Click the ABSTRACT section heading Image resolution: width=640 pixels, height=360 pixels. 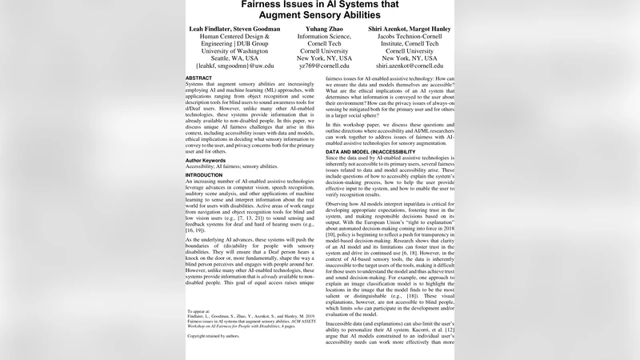coord(199,78)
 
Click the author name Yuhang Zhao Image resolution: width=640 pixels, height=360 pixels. coord(324,29)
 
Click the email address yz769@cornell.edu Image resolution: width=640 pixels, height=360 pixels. coord(324,66)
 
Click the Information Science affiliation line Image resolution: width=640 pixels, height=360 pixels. coord(324,38)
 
